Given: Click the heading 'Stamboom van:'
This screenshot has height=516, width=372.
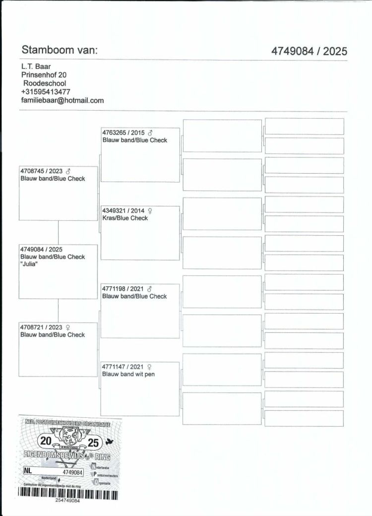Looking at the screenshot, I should coord(60,50).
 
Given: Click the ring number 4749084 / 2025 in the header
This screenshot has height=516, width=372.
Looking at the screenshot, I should coord(309,51).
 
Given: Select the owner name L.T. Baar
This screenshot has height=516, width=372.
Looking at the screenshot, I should coord(36,66).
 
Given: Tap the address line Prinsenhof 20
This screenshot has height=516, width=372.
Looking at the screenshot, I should coord(44,75).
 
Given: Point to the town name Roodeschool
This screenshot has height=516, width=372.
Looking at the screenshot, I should coord(45,83).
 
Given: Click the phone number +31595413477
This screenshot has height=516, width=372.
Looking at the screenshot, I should coord(46,92).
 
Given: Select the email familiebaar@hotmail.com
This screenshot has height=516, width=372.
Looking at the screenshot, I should coord(62,100).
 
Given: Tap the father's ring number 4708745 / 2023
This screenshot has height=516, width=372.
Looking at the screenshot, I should coord(39,171).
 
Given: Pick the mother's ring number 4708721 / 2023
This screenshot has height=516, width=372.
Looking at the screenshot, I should coord(39,327).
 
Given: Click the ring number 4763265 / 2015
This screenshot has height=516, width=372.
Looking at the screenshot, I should coord(124,132).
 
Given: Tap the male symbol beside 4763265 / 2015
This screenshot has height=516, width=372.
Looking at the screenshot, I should coord(150,132).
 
